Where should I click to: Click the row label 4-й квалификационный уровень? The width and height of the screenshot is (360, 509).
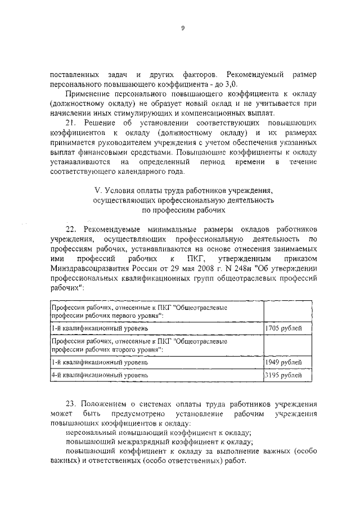100,374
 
